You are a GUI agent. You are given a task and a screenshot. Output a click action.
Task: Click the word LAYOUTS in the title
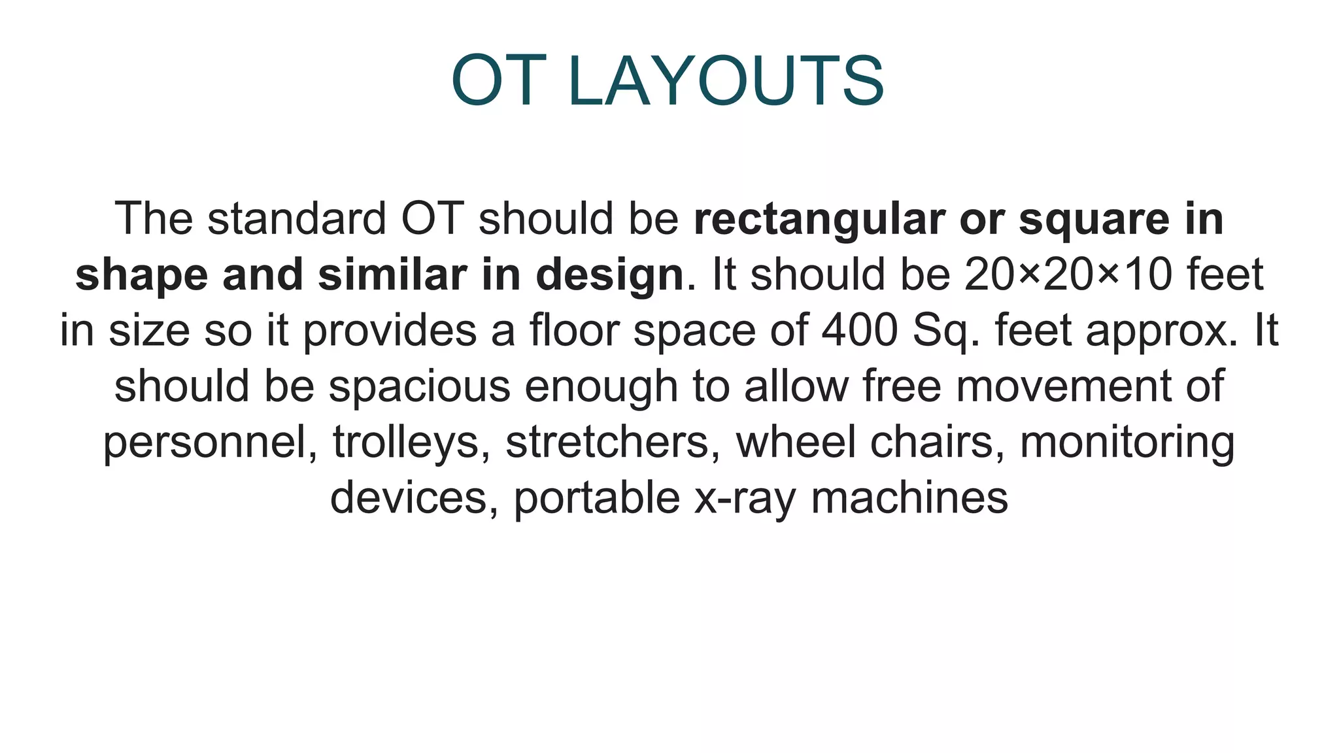726,81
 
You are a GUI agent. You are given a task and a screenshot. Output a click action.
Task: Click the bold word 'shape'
141,275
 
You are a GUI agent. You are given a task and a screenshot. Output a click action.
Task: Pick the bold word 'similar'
392,275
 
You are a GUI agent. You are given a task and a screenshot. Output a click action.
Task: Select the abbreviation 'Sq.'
945,331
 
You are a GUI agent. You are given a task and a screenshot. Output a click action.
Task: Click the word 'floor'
574,330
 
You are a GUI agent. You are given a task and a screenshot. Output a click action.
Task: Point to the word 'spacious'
419,387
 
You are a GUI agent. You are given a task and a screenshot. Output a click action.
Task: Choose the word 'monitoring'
1127,443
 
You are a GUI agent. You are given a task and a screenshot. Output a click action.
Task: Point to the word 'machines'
909,497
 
